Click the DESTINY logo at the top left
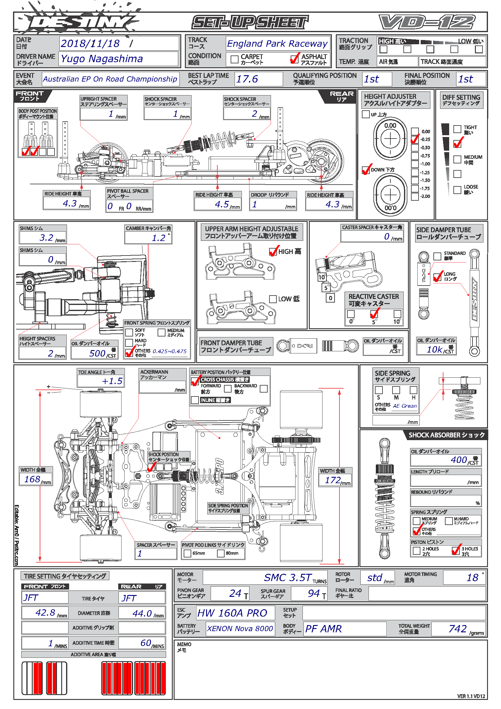click(x=77, y=22)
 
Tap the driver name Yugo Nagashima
click(x=102, y=59)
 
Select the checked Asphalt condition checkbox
click(x=294, y=59)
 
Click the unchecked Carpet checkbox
click(x=235, y=59)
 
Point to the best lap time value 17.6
click(x=247, y=79)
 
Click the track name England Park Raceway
click(x=277, y=44)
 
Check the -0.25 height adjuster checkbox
click(x=415, y=139)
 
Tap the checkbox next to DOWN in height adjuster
click(x=366, y=170)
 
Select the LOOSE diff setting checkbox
click(x=457, y=190)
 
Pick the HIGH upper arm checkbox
click(x=273, y=252)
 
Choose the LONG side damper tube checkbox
click(x=437, y=277)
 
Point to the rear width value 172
click(x=333, y=480)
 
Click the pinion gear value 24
click(x=235, y=593)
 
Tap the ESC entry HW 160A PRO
click(x=232, y=613)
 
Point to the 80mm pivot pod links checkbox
click(x=221, y=553)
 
